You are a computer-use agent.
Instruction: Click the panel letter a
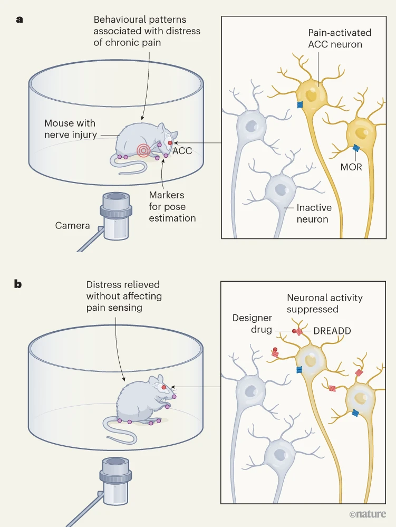pyautogui.click(x=20, y=20)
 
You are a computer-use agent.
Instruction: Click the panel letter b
pyautogui.click(x=18, y=284)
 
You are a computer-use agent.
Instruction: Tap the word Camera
pyautogui.click(x=72, y=226)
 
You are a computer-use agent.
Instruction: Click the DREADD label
pyautogui.click(x=332, y=331)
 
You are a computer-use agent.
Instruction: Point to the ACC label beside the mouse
pyautogui.click(x=182, y=151)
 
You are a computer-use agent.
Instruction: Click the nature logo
pyautogui.click(x=368, y=514)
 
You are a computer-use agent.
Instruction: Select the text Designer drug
pyautogui.click(x=253, y=324)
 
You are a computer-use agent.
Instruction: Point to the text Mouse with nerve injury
pyautogui.click(x=70, y=129)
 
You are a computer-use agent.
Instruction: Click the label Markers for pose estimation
pyautogui.click(x=172, y=207)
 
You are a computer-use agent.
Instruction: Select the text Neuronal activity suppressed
pyautogui.click(x=324, y=303)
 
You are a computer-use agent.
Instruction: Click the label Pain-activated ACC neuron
pyautogui.click(x=340, y=39)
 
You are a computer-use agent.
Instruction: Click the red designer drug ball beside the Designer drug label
pyautogui.click(x=294, y=331)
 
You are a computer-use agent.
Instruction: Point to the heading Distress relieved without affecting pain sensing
pyautogui.click(x=124, y=296)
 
